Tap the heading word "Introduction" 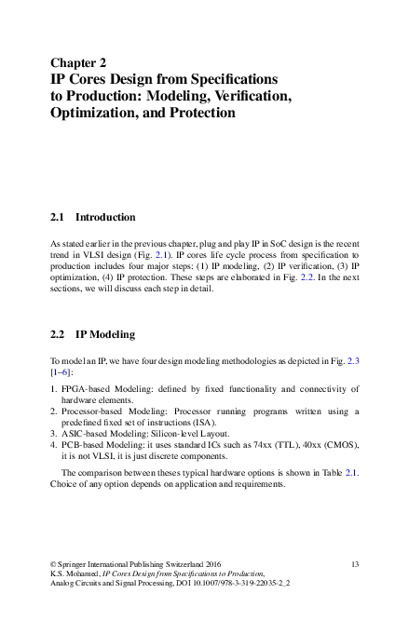point(105,217)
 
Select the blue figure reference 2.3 point(353,358)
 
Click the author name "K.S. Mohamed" point(75,574)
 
